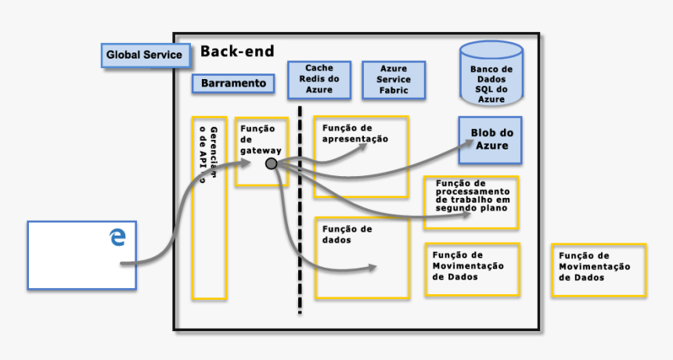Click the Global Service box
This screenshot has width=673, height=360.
144,55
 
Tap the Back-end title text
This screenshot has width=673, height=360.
237,52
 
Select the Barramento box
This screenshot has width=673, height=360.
233,83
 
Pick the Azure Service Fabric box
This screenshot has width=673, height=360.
394,80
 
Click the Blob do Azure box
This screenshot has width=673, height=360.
490,139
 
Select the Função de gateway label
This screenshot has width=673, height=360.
257,139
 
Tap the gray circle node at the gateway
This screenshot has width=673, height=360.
272,164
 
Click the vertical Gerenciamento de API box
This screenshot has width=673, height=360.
209,208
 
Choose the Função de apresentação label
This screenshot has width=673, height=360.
355,133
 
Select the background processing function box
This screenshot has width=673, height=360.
472,202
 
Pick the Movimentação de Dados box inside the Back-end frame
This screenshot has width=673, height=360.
472,268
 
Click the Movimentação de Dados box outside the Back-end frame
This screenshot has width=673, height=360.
599,269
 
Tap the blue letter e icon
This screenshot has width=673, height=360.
117,236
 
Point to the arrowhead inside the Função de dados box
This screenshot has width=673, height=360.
372,268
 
